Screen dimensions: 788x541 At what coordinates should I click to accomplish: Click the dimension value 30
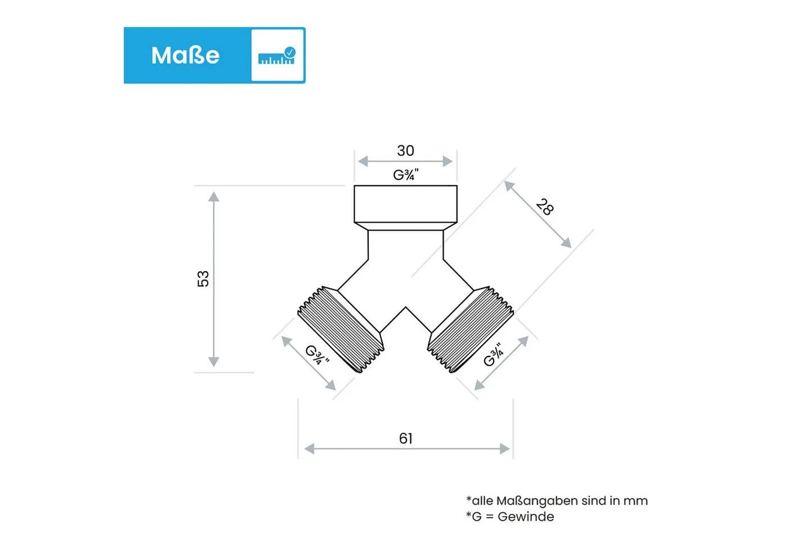[406, 151]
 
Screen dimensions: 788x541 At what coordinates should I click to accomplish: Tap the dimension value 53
[203, 279]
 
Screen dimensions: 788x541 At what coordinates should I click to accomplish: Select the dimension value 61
[406, 438]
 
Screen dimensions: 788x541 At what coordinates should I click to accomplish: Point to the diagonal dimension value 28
[545, 207]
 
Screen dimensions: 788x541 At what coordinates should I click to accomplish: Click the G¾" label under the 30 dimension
[406, 175]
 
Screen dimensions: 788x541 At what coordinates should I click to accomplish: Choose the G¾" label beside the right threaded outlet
[494, 355]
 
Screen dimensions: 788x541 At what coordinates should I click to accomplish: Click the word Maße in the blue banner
[185, 55]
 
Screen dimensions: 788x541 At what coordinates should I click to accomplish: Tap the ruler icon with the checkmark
[277, 56]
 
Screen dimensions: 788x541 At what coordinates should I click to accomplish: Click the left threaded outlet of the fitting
[341, 330]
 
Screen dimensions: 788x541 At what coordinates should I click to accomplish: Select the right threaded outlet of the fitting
[471, 330]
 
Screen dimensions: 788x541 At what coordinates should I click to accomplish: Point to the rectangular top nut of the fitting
[406, 204]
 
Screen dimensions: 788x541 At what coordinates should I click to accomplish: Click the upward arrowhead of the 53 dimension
[213, 196]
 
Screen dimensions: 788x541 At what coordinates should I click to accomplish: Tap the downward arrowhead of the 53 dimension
[213, 362]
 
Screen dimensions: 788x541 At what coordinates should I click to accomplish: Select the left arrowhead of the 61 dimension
[309, 449]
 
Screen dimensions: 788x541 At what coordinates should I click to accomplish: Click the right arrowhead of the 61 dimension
[505, 449]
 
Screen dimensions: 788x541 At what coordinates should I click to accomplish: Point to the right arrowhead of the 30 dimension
[447, 161]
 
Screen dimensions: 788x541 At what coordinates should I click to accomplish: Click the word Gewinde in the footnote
[526, 517]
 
